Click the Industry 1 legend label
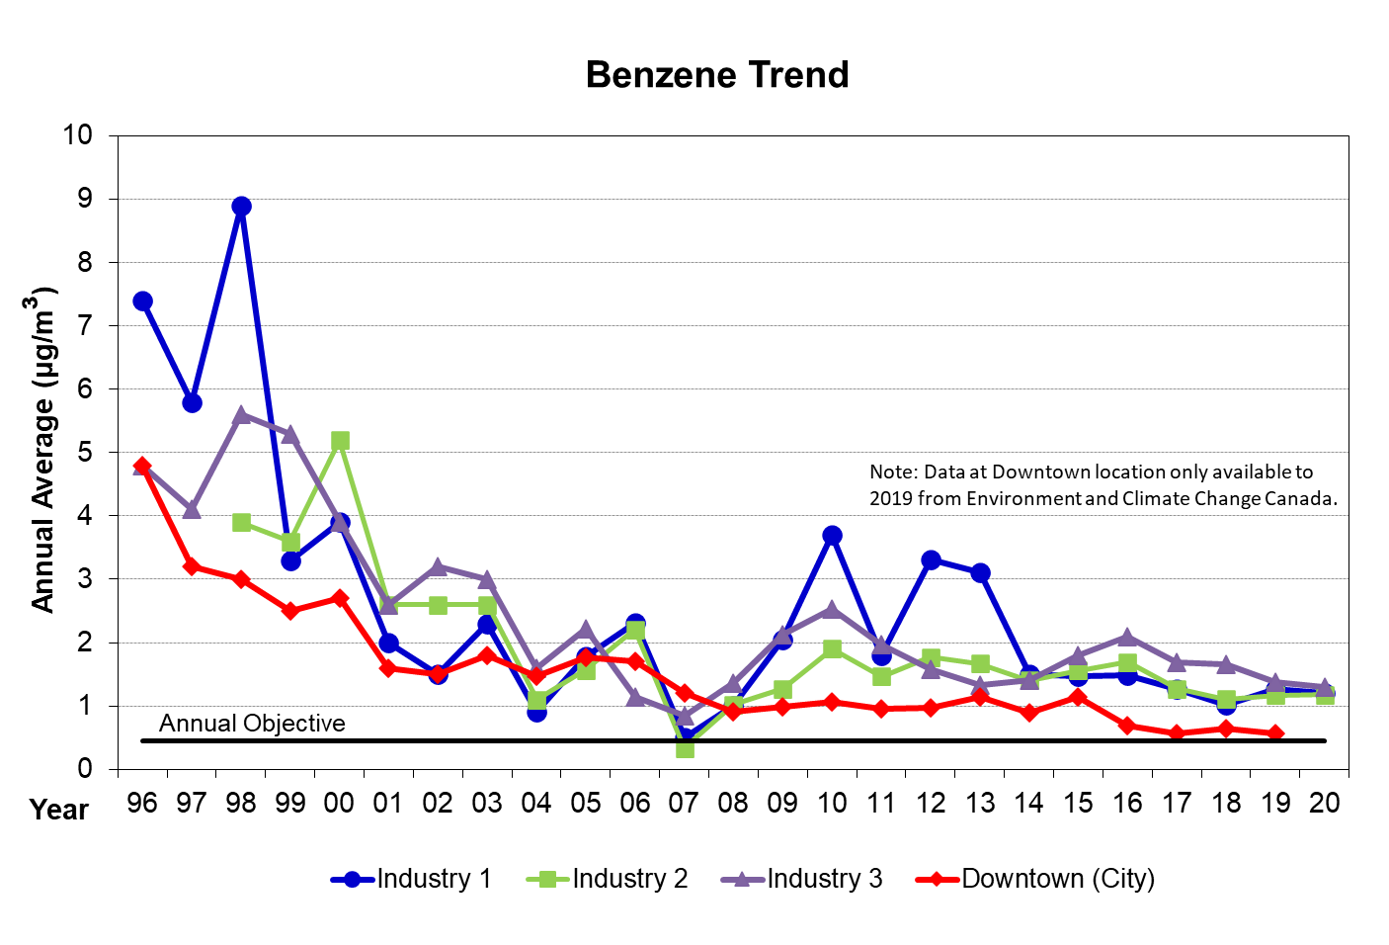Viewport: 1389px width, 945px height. tap(434, 879)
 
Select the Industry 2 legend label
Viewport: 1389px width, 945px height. tap(629, 879)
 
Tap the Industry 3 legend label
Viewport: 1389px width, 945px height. tap(824, 879)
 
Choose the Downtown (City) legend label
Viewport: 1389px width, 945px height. tap(1058, 879)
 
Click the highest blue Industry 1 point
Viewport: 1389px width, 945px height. tap(241, 207)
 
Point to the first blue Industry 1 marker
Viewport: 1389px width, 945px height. tap(142, 301)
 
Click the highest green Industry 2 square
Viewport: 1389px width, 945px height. tap(340, 441)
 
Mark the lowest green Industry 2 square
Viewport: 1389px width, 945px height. tap(685, 750)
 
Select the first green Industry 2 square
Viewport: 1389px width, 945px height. tap(241, 522)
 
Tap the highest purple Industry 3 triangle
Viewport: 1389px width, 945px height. tap(241, 415)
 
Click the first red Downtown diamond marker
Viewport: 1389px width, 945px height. tap(142, 465)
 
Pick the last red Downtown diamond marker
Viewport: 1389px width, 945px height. tap(1275, 732)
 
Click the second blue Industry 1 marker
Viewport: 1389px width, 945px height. tap(192, 402)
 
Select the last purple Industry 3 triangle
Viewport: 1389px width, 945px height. tap(1325, 687)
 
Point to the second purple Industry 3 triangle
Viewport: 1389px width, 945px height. tap(192, 510)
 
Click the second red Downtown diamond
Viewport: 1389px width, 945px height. tap(192, 566)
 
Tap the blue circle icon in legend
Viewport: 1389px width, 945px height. tap(352, 879)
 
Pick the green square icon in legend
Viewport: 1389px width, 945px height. tap(547, 879)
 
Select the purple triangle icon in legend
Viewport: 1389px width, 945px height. tap(742, 879)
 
